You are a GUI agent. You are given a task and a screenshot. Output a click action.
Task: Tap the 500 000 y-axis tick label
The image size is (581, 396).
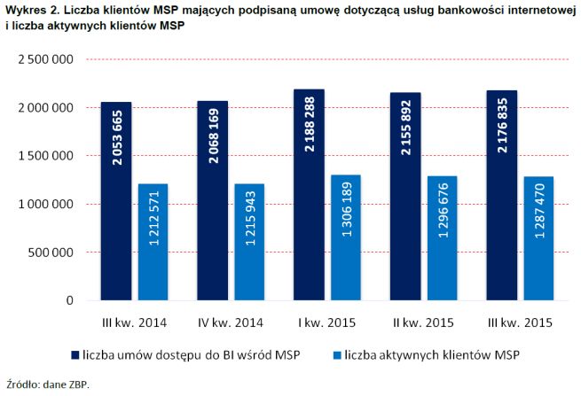(49, 252)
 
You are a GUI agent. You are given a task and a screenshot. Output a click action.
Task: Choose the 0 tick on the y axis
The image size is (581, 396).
(68, 301)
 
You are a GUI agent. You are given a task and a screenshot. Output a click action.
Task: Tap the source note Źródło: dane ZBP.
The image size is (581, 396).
(48, 384)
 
